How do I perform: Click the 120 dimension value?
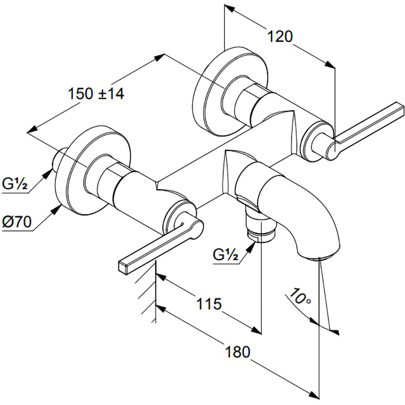click(x=280, y=36)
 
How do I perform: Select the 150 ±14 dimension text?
click(x=96, y=94)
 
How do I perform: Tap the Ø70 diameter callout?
click(x=17, y=222)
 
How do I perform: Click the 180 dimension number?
click(x=238, y=352)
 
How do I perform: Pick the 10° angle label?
click(x=300, y=296)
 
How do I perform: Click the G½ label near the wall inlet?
click(x=15, y=183)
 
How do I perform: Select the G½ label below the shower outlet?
click(x=226, y=255)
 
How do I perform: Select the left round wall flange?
click(x=93, y=171)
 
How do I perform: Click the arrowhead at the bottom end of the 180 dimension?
click(x=313, y=396)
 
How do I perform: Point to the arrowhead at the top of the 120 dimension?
click(x=229, y=9)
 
